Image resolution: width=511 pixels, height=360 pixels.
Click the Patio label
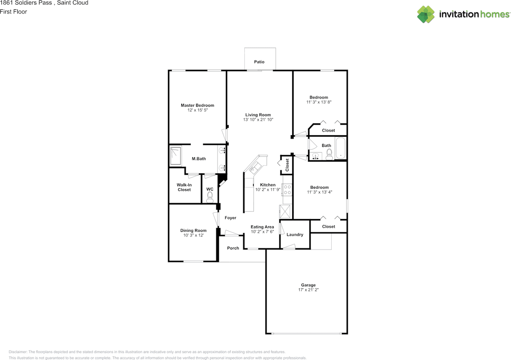click(x=259, y=62)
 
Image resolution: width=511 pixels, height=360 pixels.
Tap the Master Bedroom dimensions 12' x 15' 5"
click(x=198, y=110)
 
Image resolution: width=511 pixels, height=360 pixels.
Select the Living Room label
click(x=258, y=115)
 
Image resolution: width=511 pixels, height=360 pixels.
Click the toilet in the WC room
click(x=210, y=197)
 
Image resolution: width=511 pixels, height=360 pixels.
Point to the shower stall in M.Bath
click(x=176, y=156)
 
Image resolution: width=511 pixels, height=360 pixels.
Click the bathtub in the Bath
click(x=341, y=148)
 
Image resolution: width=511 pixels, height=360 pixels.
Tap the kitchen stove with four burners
click(x=287, y=190)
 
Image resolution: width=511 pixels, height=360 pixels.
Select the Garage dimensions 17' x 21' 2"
click(x=309, y=290)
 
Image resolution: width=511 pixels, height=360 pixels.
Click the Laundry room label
click(x=295, y=235)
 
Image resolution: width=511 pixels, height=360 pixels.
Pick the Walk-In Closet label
click(x=184, y=187)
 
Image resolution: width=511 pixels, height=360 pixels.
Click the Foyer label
click(x=230, y=218)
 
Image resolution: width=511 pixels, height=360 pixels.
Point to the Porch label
click(x=233, y=248)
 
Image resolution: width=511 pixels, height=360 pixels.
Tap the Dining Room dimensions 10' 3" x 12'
click(x=194, y=235)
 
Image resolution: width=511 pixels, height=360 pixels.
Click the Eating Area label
click(x=262, y=227)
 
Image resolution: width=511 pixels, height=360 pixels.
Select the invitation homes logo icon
click(x=426, y=14)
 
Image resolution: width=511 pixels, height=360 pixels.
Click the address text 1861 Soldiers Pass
click(x=26, y=3)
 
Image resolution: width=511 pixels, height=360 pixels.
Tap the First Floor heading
click(x=14, y=12)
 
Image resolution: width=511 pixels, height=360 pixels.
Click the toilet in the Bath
click(x=329, y=154)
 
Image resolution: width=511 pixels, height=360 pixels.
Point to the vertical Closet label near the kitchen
click(x=287, y=165)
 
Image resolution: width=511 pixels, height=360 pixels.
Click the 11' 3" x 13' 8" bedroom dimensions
click(x=319, y=102)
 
